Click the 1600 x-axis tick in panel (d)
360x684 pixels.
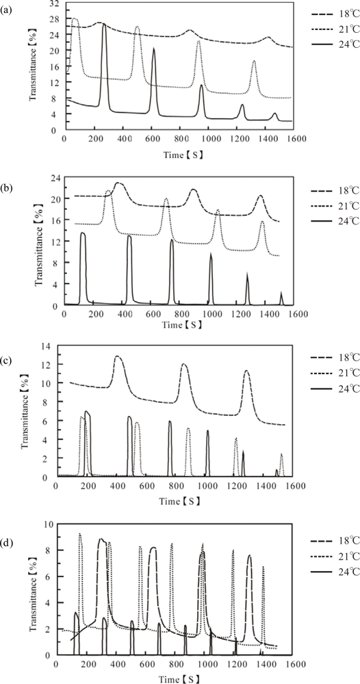coord(294,663)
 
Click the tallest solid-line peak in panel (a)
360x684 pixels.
coord(104,24)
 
